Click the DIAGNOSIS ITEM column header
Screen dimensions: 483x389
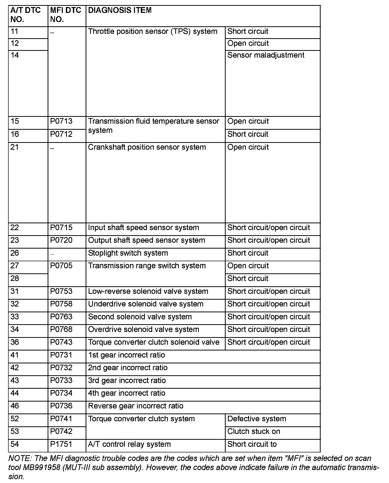click(x=120, y=10)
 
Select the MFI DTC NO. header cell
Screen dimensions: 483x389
click(x=66, y=15)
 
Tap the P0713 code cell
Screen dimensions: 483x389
click(x=61, y=121)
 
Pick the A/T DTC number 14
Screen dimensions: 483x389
click(x=15, y=55)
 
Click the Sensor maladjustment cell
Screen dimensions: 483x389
click(x=266, y=55)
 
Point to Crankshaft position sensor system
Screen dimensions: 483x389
click(x=147, y=147)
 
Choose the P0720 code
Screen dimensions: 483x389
click(x=61, y=240)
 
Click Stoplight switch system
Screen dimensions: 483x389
click(x=128, y=253)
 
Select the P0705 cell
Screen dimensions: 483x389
click(x=61, y=266)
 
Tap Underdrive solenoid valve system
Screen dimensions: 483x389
click(x=146, y=304)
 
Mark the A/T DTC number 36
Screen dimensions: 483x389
click(x=15, y=342)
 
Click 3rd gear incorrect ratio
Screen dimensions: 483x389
click(x=127, y=381)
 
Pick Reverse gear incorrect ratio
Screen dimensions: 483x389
click(x=135, y=406)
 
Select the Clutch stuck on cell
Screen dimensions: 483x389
click(x=254, y=431)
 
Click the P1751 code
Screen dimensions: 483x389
click(x=61, y=444)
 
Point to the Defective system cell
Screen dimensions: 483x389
click(x=257, y=419)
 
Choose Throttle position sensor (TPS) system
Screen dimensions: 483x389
click(x=152, y=32)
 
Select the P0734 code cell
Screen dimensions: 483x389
click(x=61, y=393)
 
